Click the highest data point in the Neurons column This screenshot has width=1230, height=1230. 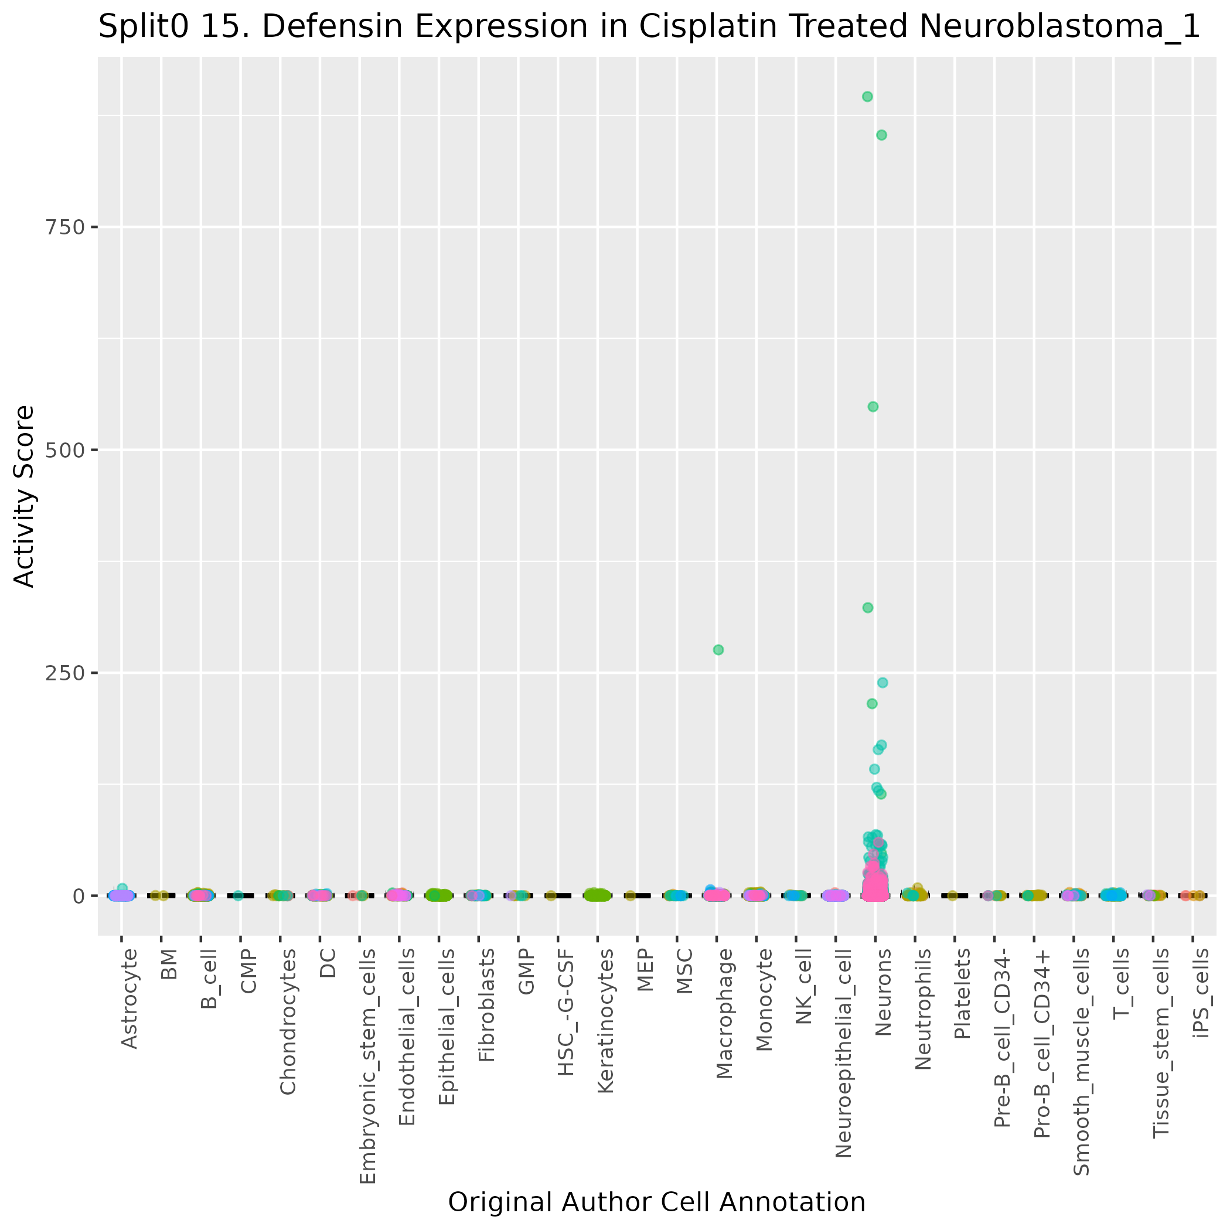(x=867, y=97)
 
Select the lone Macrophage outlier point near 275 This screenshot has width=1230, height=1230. (x=718, y=650)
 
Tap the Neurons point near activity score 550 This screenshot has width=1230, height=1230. (x=873, y=407)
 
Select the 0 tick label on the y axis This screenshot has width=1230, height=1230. (x=80, y=897)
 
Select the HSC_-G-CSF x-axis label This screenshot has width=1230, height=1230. (x=565, y=1012)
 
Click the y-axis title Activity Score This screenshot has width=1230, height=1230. (x=24, y=496)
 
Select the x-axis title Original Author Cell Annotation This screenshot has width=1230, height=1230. (x=656, y=1202)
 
